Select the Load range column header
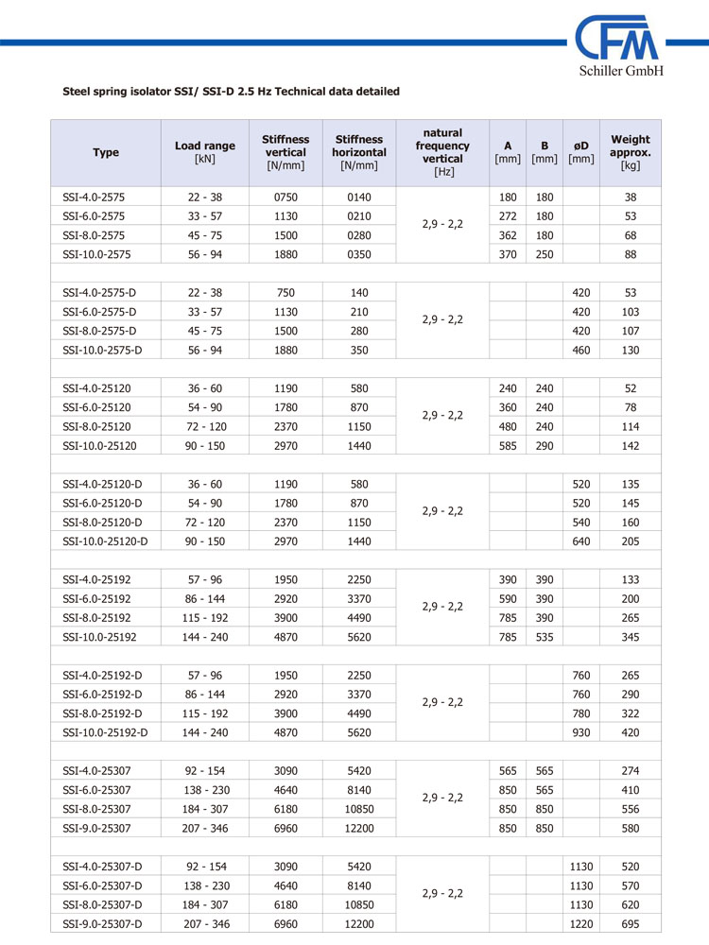205,152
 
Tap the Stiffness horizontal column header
359,152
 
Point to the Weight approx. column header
631,152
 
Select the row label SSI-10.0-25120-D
105,541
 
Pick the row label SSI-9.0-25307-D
102,923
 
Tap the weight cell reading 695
631,923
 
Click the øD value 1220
581,923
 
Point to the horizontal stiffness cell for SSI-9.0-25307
359,828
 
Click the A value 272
508,215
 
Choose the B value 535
545,637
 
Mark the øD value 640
581,541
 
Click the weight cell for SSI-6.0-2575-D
631,312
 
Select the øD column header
581,152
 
